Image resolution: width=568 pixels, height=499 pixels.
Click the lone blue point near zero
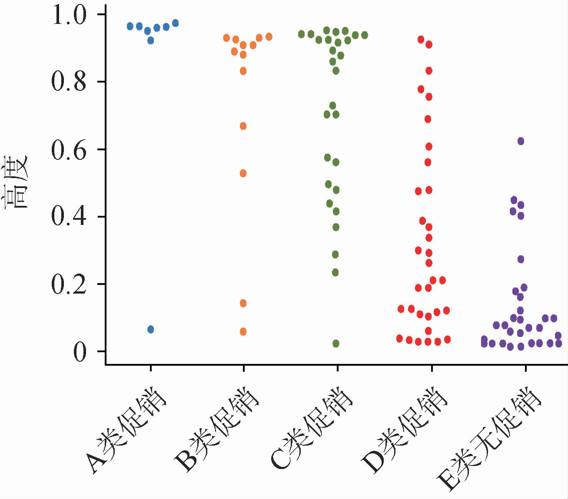click(x=151, y=329)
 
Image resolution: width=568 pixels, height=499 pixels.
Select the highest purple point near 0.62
click(x=521, y=141)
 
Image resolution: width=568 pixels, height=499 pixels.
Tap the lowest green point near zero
click(x=336, y=344)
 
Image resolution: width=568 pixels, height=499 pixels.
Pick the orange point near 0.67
click(x=243, y=126)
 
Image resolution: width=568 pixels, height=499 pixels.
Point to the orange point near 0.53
click(x=243, y=173)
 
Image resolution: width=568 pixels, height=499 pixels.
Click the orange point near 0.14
click(x=243, y=303)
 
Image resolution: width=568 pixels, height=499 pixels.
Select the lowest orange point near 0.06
click(x=243, y=332)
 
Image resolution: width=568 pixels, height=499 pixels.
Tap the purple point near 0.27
click(x=521, y=259)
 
